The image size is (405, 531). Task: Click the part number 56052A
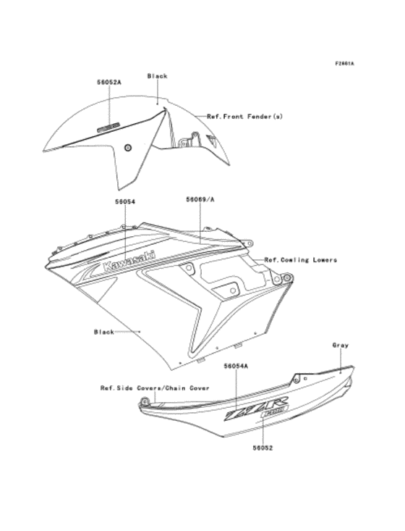[x=109, y=83]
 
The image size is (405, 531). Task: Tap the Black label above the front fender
[x=157, y=76]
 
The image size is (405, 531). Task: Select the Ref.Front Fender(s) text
[x=244, y=116]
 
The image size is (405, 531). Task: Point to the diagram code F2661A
[x=344, y=64]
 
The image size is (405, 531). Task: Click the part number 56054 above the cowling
[x=125, y=201]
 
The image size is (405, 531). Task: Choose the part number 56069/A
[x=200, y=198]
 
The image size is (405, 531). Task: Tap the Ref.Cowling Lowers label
[x=300, y=259]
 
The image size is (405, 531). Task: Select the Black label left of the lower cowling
[x=104, y=332]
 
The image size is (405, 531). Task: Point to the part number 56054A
[x=236, y=367]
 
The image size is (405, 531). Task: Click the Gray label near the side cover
[x=341, y=345]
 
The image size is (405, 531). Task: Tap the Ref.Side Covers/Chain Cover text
[x=155, y=388]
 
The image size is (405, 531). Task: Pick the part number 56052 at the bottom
[x=262, y=447]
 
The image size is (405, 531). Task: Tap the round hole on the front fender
[x=128, y=148]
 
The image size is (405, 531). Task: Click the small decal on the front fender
[x=108, y=125]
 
